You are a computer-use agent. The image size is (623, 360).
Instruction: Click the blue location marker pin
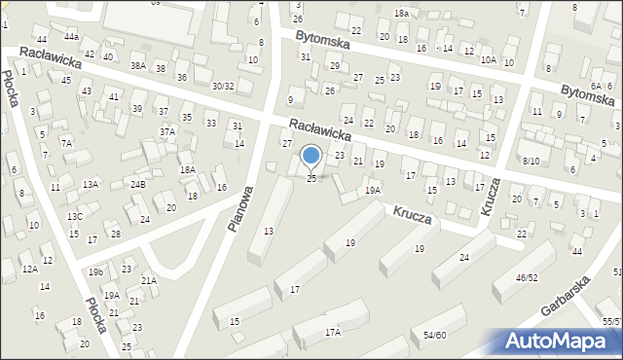(x=311, y=155)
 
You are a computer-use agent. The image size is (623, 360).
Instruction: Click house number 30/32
(x=223, y=86)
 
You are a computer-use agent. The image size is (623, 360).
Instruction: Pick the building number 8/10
(x=531, y=161)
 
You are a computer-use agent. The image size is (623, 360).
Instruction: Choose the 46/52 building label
(x=527, y=277)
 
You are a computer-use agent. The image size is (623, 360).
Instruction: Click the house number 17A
(x=333, y=332)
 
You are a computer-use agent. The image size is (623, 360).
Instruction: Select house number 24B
(x=138, y=184)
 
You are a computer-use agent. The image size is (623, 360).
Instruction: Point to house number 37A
(x=167, y=131)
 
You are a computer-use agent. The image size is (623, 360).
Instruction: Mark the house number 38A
(x=138, y=66)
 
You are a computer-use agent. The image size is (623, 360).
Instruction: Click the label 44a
(x=71, y=36)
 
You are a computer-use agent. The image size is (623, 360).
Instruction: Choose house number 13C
(x=74, y=216)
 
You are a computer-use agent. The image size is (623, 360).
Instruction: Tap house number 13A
(x=91, y=184)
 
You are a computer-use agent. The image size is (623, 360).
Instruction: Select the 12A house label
(x=30, y=269)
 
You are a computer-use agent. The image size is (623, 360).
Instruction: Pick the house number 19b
(x=95, y=271)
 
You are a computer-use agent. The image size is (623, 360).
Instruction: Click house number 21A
(x=148, y=280)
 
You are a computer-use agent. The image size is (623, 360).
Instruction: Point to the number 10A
(x=488, y=59)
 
